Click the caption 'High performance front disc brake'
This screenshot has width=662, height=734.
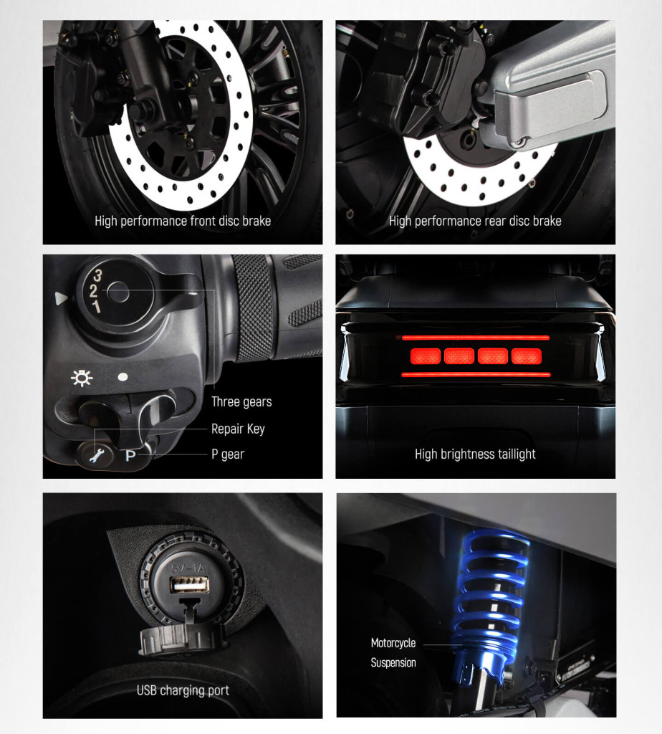183,221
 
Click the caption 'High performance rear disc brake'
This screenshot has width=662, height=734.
475,221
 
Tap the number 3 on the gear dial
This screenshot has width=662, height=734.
97,275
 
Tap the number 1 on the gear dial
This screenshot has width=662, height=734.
96,307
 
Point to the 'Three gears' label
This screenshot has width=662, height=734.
241,401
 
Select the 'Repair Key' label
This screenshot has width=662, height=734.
238,429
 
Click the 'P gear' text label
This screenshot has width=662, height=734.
227,454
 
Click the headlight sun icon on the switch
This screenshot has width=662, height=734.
82,378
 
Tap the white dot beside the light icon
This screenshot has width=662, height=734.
123,377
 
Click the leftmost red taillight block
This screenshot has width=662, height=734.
426,356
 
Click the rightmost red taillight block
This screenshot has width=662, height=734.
527,356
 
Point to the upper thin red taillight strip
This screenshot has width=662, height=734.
476,338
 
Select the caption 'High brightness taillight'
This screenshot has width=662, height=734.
475,454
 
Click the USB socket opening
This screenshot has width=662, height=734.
189,585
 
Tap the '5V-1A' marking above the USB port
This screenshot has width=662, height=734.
188,568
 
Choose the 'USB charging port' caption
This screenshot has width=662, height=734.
183,690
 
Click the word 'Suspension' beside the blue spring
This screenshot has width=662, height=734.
393,663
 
